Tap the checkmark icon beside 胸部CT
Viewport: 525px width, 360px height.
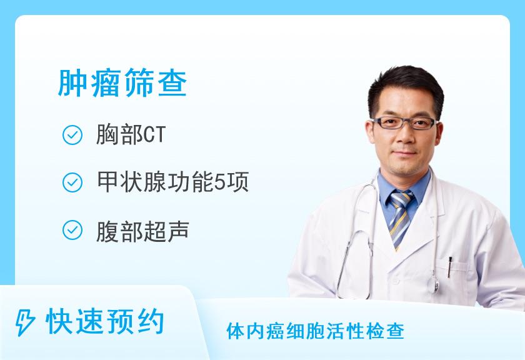coord(73,136)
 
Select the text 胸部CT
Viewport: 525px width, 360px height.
coord(131,136)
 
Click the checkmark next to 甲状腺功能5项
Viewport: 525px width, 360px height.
coord(73,182)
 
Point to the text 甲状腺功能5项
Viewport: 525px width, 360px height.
coord(172,182)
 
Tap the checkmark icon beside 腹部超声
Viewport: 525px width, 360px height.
coord(73,231)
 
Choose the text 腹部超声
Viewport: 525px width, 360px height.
coord(142,231)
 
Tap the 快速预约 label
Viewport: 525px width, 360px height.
coord(106,322)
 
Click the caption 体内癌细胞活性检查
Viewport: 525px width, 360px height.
coord(316,331)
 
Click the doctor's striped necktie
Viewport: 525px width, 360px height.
coord(401,216)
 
